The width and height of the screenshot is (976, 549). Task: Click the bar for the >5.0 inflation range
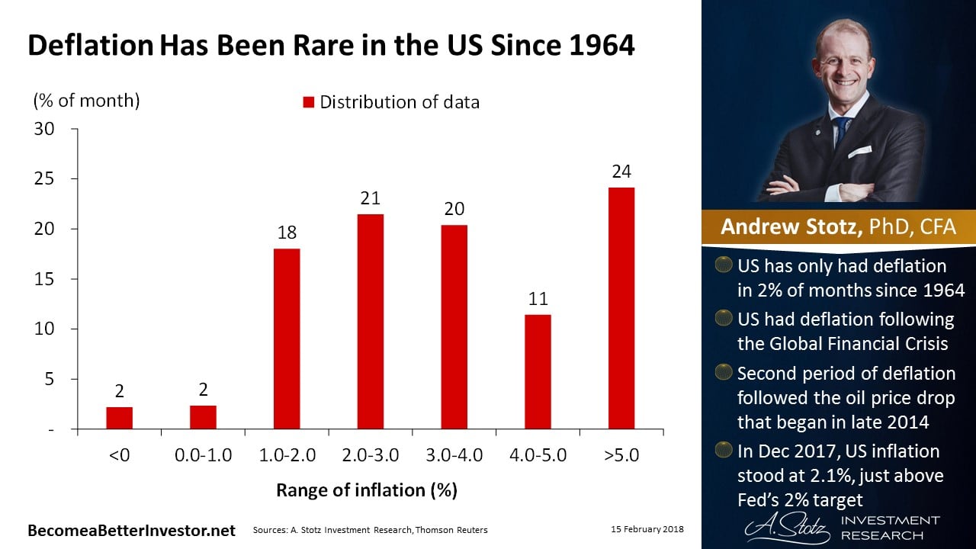click(x=621, y=308)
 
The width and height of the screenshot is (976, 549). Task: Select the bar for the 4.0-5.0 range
click(x=538, y=371)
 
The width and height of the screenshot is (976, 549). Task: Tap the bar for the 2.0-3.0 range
click(x=370, y=322)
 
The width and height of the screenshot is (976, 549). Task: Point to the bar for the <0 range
click(x=119, y=418)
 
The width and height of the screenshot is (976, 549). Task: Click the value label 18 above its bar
click(x=287, y=233)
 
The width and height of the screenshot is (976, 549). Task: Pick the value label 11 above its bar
click(x=538, y=298)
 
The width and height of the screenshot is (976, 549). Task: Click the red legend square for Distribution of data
click(x=309, y=102)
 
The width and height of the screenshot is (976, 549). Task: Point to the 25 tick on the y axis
click(x=44, y=178)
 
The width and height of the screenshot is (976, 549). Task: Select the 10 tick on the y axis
click(x=44, y=329)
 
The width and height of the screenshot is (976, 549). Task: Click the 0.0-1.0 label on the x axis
click(x=203, y=456)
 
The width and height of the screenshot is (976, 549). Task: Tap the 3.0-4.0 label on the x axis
click(x=454, y=456)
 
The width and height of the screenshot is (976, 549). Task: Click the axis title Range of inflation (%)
click(x=367, y=490)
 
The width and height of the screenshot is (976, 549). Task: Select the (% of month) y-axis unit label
click(x=85, y=100)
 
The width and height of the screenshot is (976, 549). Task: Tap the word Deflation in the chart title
click(x=89, y=46)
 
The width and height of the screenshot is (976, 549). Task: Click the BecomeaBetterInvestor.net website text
click(x=131, y=530)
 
